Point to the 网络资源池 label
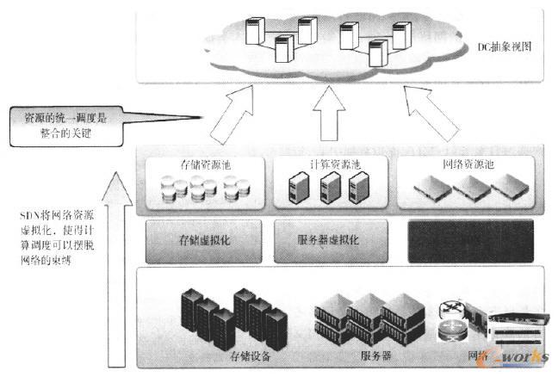[x=466, y=164]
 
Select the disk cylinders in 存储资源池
[x=206, y=186]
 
